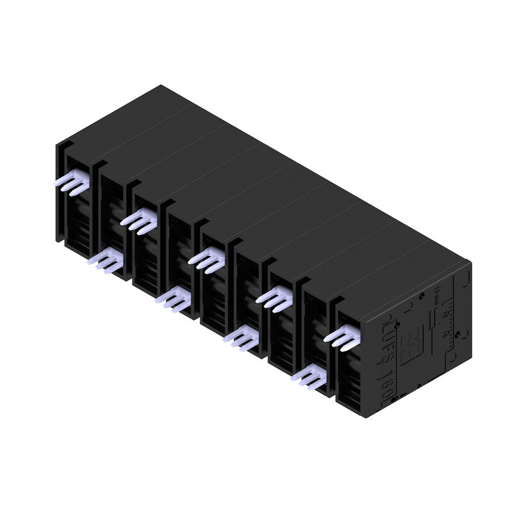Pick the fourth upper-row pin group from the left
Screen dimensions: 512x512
pyautogui.click(x=274, y=296)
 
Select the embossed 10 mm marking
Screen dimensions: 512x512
pyautogui.click(x=437, y=296)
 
